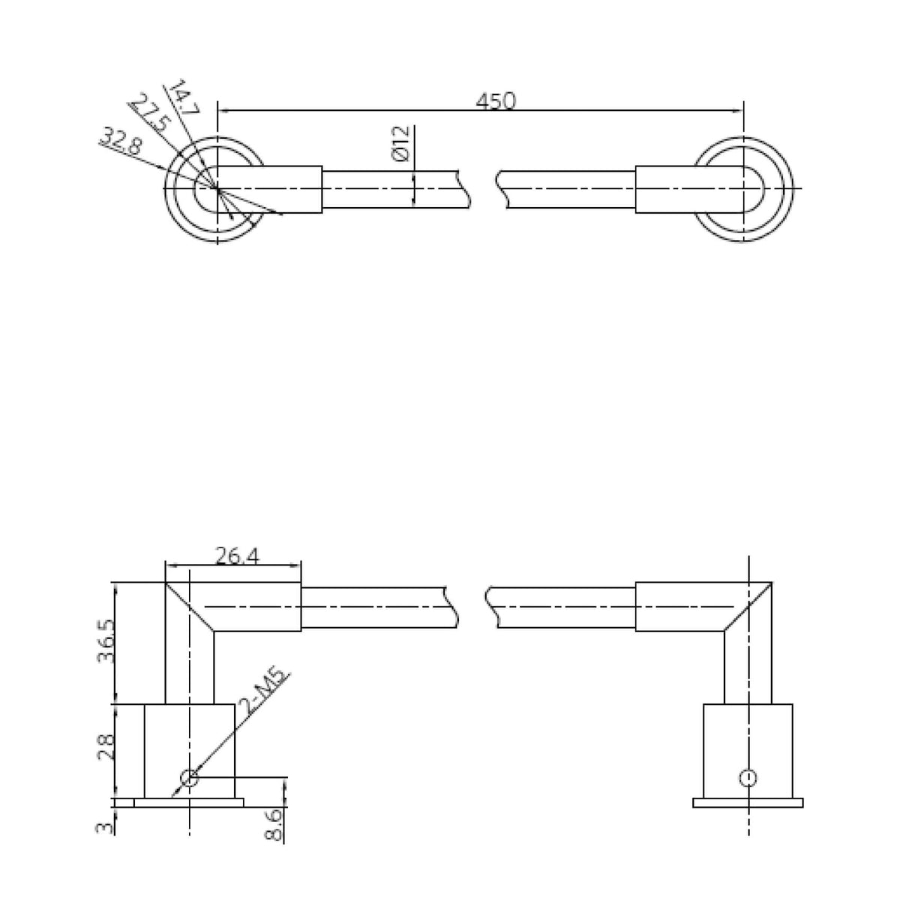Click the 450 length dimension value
(496, 100)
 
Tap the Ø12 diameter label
(400, 143)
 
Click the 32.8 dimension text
(121, 140)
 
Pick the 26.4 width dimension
(237, 556)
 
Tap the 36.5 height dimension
(104, 643)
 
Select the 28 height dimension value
(104, 747)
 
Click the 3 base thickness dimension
(105, 827)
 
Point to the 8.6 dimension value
(274, 823)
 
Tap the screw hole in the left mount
(190, 778)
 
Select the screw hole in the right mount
(747, 778)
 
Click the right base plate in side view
(748, 802)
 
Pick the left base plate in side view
(189, 802)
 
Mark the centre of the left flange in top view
(217, 188)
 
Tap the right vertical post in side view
(747, 667)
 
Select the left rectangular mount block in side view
(189, 750)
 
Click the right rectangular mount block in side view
(748, 750)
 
